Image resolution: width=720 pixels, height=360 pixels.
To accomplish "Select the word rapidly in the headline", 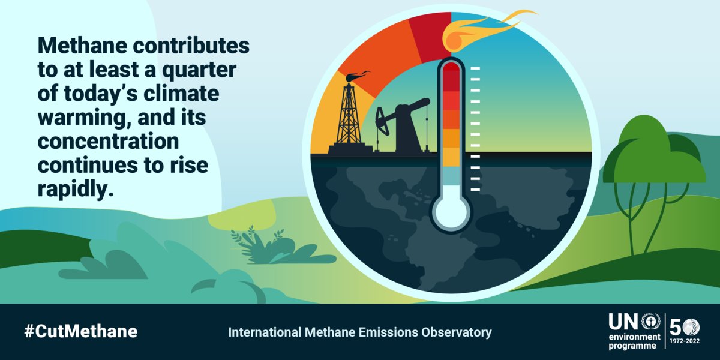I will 75,190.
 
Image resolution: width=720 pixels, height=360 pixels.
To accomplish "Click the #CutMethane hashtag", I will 80,331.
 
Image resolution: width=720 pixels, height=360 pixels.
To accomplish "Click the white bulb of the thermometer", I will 451,211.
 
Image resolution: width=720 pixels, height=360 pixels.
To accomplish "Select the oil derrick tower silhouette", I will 349,117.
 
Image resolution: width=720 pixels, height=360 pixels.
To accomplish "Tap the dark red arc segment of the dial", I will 430,36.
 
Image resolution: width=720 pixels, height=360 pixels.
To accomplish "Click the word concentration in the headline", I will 109,143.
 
